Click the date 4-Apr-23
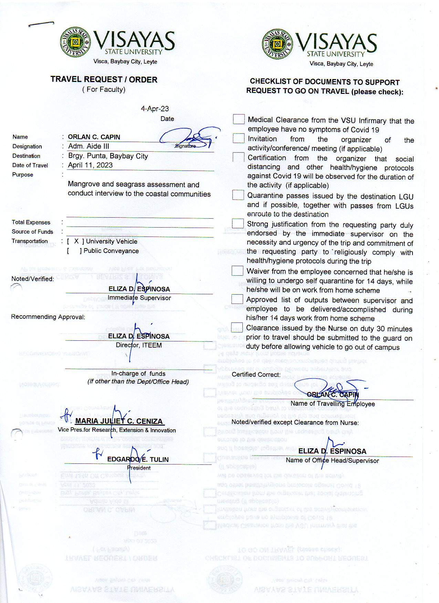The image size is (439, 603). [155, 109]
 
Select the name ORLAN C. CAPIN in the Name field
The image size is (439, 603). [94, 137]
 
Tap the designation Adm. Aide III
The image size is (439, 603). [88, 146]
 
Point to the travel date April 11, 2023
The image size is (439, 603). [90, 165]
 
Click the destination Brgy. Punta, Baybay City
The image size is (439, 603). [108, 156]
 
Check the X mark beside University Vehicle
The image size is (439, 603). [76, 241]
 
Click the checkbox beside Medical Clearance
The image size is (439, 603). [239, 119]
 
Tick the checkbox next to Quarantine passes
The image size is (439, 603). [238, 195]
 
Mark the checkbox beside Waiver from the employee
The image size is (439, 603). [237, 271]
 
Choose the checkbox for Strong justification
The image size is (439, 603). [238, 223]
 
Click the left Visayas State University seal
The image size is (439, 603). [75, 42]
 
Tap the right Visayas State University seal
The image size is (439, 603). [278, 44]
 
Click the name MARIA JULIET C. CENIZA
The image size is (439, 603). [119, 421]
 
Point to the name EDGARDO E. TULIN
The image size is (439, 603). [138, 459]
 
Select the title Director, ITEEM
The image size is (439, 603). [139, 345]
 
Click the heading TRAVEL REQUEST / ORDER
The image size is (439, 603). [104, 79]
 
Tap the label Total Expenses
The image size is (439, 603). [31, 222]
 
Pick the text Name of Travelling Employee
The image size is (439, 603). [333, 404]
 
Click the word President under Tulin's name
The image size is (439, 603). [139, 468]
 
